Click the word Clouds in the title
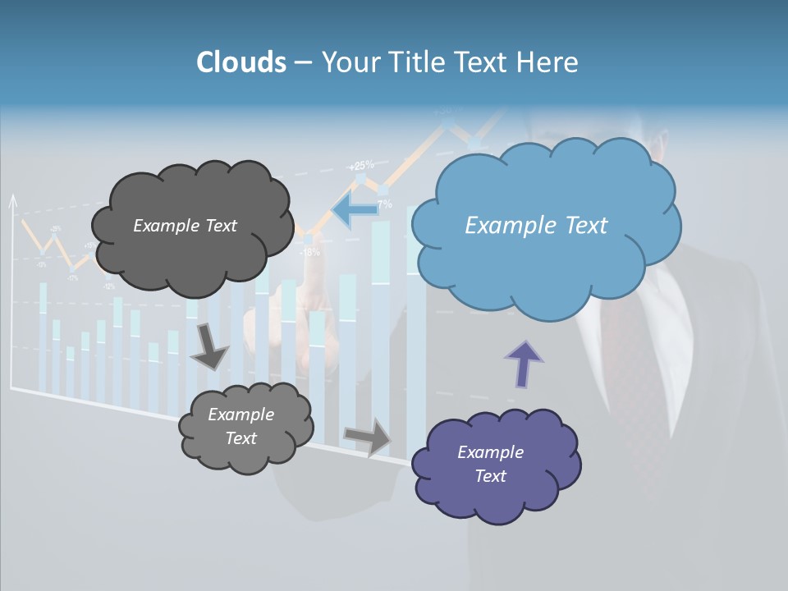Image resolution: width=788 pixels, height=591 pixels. pos(241,62)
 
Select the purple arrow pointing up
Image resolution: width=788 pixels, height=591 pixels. pos(524,364)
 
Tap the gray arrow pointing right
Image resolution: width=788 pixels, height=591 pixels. pos(369,436)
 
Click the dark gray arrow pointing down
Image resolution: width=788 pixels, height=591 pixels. pos(209,347)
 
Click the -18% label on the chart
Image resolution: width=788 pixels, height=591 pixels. pos(309,252)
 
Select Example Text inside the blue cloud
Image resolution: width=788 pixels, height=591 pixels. pos(536,226)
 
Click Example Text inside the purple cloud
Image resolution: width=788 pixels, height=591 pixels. pos(490,464)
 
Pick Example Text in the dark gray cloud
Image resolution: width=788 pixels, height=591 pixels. pos(185,226)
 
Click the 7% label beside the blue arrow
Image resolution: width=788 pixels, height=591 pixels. pos(383,204)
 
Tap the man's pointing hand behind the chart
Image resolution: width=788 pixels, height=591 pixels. pos(316,328)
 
